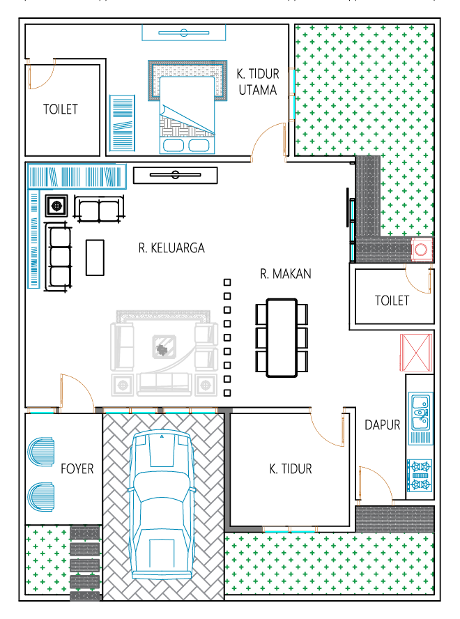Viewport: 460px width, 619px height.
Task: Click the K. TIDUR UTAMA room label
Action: (258, 82)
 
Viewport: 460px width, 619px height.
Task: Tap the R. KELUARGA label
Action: (171, 248)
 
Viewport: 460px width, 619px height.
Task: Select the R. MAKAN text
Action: (286, 273)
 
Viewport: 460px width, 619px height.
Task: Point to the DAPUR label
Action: (382, 425)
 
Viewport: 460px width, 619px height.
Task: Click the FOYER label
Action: (77, 468)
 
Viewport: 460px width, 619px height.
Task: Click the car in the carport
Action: (162, 504)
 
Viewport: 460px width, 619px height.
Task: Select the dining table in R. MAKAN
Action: (282, 338)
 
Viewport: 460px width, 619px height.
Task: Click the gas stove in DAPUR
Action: (420, 475)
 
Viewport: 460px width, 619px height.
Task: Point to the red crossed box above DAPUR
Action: (416, 353)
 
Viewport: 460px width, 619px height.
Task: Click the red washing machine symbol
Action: (421, 250)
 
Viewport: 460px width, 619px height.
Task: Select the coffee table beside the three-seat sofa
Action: (95, 257)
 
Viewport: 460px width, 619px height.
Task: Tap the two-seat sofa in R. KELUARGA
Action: (99, 210)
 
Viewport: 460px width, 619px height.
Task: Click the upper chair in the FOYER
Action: (40, 452)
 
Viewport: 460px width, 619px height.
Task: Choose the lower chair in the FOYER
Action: (40, 496)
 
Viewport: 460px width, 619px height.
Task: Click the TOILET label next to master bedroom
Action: (61, 109)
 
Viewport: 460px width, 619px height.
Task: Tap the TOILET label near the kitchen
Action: (392, 301)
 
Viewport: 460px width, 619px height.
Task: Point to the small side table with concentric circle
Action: (57, 206)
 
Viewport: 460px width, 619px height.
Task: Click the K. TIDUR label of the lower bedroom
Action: (291, 468)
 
